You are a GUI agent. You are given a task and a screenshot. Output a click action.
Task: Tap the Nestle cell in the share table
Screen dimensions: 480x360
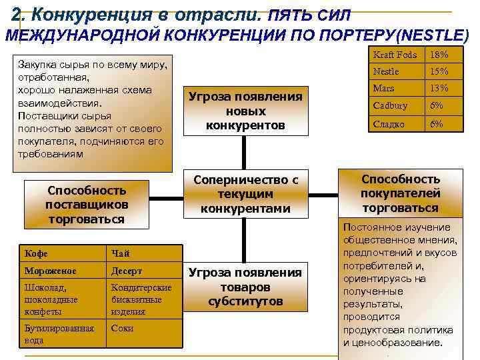[x=397, y=71]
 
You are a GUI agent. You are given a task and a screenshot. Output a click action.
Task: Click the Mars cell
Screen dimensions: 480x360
[x=397, y=88]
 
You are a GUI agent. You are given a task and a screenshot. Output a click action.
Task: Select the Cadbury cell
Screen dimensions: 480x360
[x=397, y=105]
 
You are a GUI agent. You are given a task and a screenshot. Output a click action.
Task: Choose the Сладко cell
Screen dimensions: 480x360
[x=397, y=124]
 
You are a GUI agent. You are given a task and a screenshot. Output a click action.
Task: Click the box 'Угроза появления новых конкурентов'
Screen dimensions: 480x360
[x=246, y=111]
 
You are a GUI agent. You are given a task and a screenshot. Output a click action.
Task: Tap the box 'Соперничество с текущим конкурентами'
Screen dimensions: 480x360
[x=245, y=194]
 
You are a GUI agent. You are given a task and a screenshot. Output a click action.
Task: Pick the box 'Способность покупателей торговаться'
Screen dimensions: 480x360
[x=401, y=193]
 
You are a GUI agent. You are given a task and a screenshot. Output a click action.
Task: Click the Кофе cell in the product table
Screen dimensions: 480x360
[x=62, y=253]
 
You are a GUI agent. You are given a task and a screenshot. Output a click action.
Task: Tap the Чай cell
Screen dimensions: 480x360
[x=143, y=253]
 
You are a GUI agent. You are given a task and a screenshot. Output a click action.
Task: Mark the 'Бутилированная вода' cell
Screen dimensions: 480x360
[x=62, y=334]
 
